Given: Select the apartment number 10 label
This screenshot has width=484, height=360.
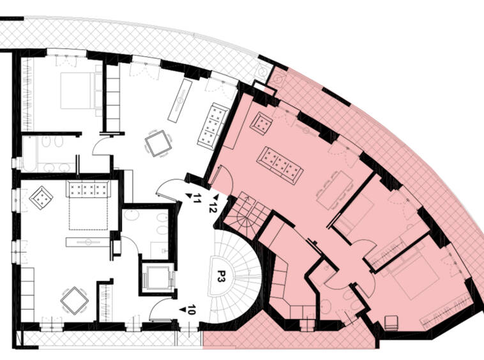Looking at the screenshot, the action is (192, 310).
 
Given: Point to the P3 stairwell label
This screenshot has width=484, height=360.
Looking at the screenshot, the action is (221, 276).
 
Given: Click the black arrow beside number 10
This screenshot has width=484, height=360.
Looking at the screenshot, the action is (183, 309).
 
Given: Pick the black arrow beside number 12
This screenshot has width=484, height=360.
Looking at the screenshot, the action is (216, 197).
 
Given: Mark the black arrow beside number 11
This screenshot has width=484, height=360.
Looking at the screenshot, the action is (188, 195).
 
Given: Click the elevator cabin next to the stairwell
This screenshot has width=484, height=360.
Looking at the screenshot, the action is (157, 278).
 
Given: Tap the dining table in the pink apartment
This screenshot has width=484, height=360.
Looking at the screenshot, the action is (335, 190).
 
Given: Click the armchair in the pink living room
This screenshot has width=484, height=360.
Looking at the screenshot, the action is (261, 123).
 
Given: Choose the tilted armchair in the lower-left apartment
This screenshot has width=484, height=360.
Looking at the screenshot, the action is (41, 198).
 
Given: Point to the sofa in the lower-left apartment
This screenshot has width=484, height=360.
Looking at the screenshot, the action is (88, 189).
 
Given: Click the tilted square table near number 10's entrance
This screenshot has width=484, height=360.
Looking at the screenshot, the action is (75, 301).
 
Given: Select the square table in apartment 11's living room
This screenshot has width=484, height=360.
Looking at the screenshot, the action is (158, 144).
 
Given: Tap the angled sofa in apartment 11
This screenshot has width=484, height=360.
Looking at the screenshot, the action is (213, 126).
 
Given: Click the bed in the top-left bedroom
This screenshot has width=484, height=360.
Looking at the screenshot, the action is (78, 91).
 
